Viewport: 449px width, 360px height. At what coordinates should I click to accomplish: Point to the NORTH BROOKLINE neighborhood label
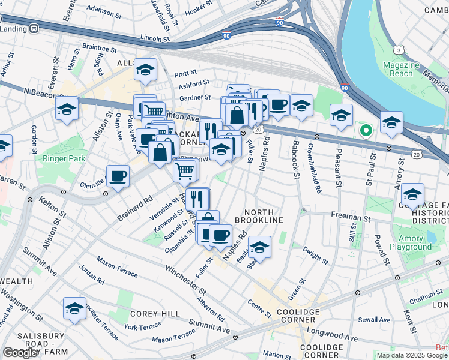(x=263, y=216)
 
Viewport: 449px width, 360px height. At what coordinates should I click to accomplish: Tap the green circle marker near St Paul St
(x=364, y=130)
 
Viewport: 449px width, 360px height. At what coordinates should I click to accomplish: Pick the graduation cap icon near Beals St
(x=259, y=247)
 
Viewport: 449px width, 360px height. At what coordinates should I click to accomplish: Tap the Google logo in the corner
(x=20, y=353)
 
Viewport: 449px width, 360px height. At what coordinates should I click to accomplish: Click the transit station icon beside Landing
(x=34, y=28)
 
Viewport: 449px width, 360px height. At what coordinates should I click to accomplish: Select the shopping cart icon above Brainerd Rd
(x=185, y=170)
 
